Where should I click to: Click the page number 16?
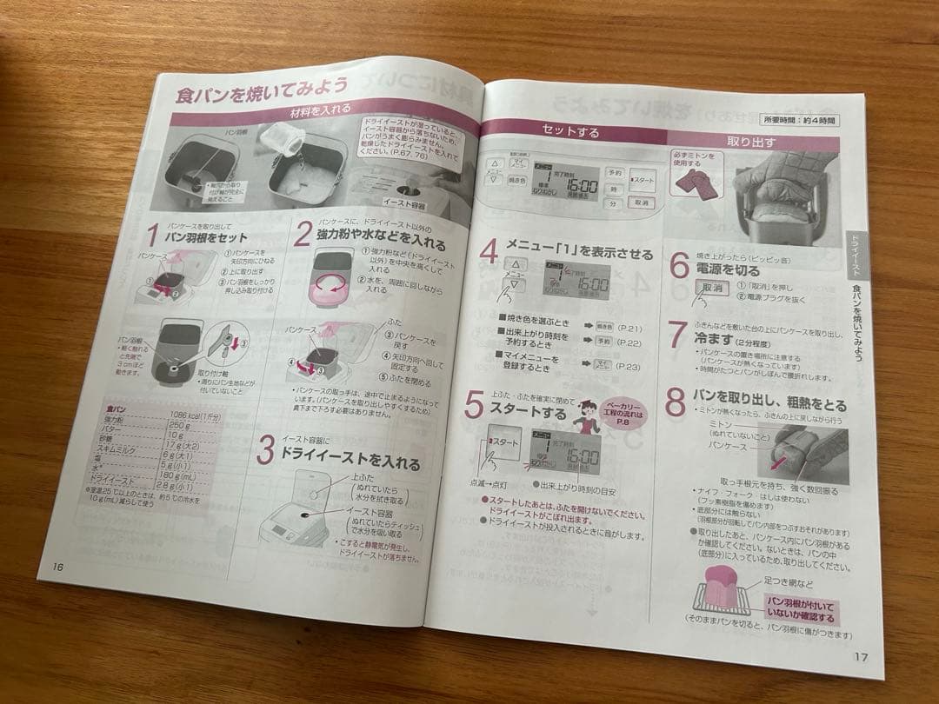point(58,566)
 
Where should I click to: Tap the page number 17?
point(860,657)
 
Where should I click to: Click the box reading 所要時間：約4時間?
point(800,120)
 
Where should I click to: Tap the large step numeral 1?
point(152,236)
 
